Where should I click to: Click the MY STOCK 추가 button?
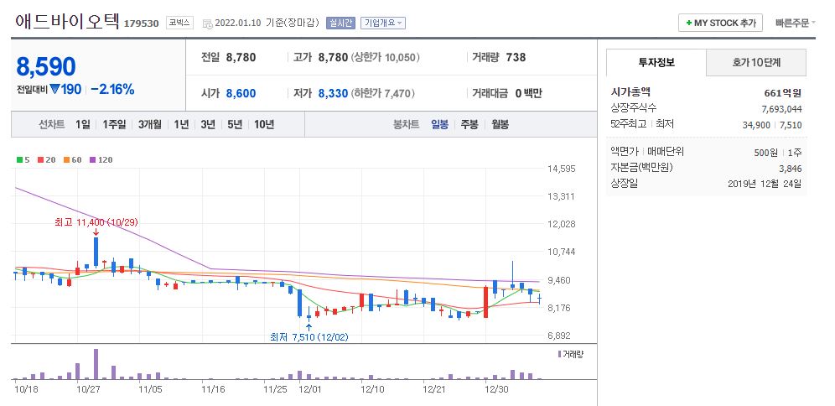719,23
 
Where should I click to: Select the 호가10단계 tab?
756,62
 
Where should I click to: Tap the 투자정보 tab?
656,62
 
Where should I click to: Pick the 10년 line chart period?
263,124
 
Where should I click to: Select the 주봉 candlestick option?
469,124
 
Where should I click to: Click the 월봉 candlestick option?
500,124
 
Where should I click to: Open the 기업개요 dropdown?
383,23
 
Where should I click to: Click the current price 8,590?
46,67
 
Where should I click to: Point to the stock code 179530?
142,23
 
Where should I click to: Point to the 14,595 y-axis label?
561,169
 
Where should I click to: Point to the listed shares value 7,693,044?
781,108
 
